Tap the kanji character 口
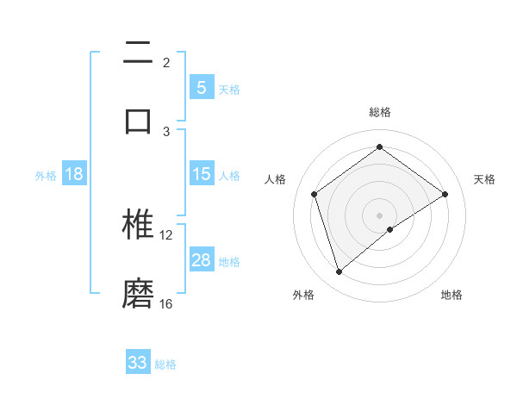[x=138, y=121]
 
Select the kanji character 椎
[x=138, y=225]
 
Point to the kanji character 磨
[x=138, y=294]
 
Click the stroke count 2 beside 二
[x=166, y=62]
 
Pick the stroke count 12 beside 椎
[x=166, y=234]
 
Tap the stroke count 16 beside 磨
[x=166, y=303]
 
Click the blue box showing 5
[x=201, y=88]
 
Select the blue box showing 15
[x=201, y=174]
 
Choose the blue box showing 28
[x=201, y=260]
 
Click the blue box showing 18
[x=74, y=174]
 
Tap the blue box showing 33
[x=138, y=363]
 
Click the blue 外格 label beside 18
[x=46, y=176]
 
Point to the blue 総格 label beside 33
[x=165, y=364]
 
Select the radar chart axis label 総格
[x=379, y=112]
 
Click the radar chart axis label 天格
[x=485, y=179]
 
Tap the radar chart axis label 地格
[x=452, y=295]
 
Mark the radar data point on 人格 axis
[x=315, y=194]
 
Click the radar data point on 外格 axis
[x=339, y=272]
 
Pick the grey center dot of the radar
[x=379, y=215]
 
